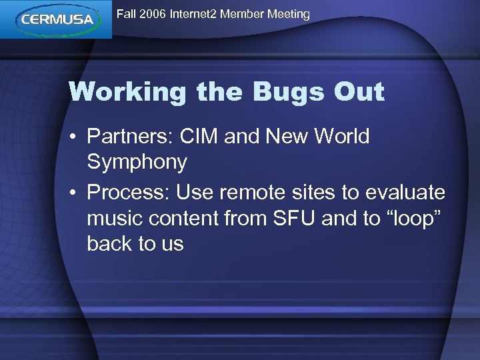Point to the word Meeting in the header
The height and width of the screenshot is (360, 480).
click(x=287, y=14)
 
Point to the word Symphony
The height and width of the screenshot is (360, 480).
click(x=137, y=162)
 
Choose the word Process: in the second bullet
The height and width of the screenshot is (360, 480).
click(x=129, y=193)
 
